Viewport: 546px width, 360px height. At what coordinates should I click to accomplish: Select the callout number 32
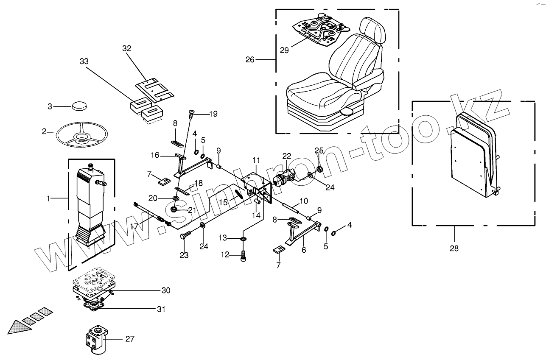[127, 49]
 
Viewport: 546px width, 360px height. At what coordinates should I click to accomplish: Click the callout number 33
[84, 61]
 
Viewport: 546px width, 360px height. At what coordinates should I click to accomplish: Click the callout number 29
[284, 50]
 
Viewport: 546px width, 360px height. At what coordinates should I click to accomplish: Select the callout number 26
[250, 60]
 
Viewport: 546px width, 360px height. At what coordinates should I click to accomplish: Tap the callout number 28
[454, 248]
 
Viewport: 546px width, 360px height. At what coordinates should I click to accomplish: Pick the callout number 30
[165, 290]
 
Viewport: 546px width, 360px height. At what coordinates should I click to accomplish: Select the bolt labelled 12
[243, 256]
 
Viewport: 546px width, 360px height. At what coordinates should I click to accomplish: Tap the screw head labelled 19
[191, 112]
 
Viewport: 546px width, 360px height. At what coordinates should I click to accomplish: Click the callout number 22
[287, 156]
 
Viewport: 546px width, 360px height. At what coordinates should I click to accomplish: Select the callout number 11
[256, 160]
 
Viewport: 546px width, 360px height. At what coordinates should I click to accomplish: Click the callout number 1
[48, 198]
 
